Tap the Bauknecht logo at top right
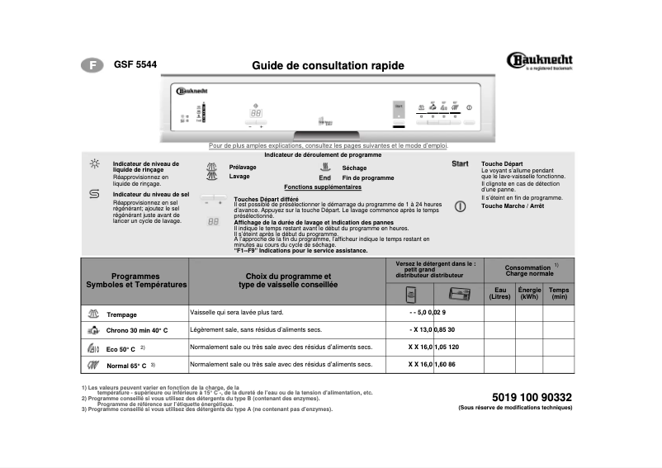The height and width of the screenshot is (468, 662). click(x=538, y=60)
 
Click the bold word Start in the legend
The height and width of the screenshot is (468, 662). click(x=460, y=164)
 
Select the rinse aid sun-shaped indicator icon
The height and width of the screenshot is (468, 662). click(x=94, y=164)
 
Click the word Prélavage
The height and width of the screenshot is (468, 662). click(x=243, y=167)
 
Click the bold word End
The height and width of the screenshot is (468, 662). click(x=324, y=177)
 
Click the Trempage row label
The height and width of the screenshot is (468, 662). click(x=121, y=315)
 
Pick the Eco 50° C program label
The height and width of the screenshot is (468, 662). click(x=121, y=349)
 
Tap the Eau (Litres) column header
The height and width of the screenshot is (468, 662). click(x=499, y=293)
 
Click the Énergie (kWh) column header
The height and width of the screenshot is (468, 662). click(x=529, y=293)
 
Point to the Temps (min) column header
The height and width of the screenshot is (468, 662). click(x=559, y=293)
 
